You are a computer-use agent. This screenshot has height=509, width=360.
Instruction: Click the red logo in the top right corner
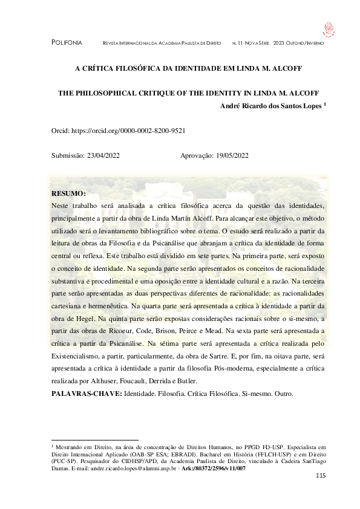coord(329,28)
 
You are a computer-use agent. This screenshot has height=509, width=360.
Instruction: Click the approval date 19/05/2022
coord(232,155)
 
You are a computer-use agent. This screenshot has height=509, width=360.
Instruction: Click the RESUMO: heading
coord(70,194)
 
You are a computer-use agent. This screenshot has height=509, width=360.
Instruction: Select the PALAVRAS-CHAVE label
coord(87,394)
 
